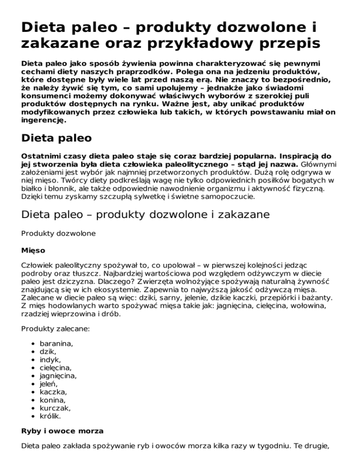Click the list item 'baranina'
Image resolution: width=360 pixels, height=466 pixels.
pyautogui.click(x=56, y=344)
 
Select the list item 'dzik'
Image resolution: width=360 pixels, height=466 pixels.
pyautogui.click(x=48, y=352)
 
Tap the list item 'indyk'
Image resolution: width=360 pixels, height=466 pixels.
pyautogui.click(x=50, y=360)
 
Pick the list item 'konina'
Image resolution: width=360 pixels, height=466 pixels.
pyautogui.click(x=52, y=400)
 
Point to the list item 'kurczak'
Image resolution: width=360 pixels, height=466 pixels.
pyautogui.click(x=54, y=408)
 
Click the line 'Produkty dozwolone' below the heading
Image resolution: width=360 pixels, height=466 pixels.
pyautogui.click(x=58, y=233)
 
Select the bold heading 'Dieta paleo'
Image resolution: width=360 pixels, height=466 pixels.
pyautogui.click(x=57, y=139)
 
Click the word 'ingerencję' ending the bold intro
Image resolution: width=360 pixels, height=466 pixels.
pyautogui.click(x=43, y=120)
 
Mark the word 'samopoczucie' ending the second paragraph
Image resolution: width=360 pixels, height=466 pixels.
pyautogui.click(x=227, y=197)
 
